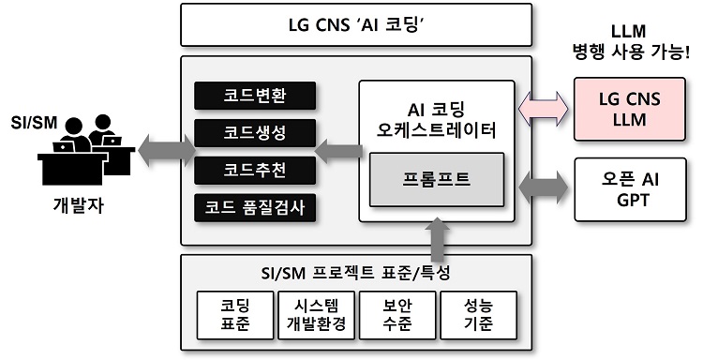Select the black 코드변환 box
tap(255, 97)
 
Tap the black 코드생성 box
tap(255, 133)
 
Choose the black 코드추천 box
tap(255, 170)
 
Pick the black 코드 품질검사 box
tap(255, 206)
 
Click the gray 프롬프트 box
tap(437, 176)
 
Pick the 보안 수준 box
tap(397, 314)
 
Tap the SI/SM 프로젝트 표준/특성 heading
tap(356, 274)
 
